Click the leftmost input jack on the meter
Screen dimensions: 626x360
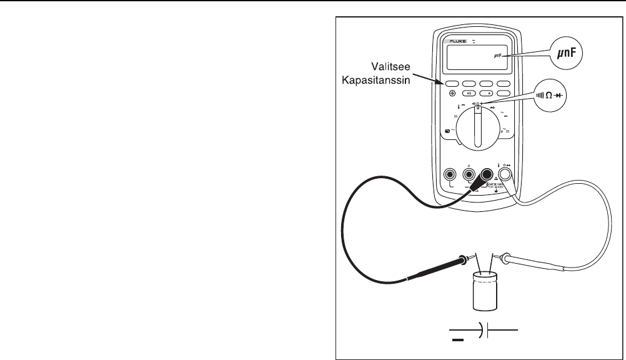448,175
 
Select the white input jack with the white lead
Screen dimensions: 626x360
505,175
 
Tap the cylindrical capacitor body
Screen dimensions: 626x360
489,291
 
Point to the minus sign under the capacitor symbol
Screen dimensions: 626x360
458,341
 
